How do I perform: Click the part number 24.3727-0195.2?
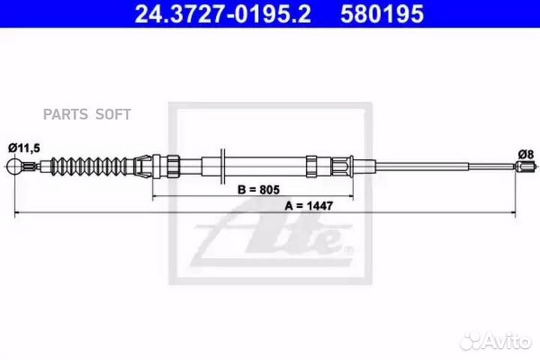[x=223, y=14]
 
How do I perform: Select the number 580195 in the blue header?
[x=382, y=14]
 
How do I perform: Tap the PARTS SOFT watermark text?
[x=87, y=114]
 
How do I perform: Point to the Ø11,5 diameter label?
[x=24, y=148]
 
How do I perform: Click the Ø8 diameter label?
[x=526, y=154]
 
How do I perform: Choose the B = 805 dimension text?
[x=259, y=190]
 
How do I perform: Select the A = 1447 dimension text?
[x=309, y=205]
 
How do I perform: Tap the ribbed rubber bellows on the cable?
[x=88, y=166]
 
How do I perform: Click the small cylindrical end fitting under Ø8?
[x=526, y=166]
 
